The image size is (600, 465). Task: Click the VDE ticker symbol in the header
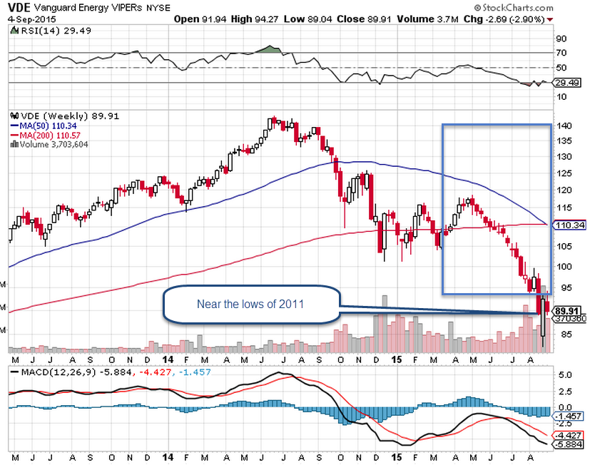[19, 6]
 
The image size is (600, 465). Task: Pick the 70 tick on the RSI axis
[561, 53]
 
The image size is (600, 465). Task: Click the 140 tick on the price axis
[564, 126]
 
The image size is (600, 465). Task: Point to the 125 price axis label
[564, 173]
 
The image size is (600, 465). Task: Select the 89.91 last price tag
[564, 311]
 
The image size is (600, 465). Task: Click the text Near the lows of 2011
[250, 305]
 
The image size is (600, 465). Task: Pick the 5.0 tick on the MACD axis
[562, 374]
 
